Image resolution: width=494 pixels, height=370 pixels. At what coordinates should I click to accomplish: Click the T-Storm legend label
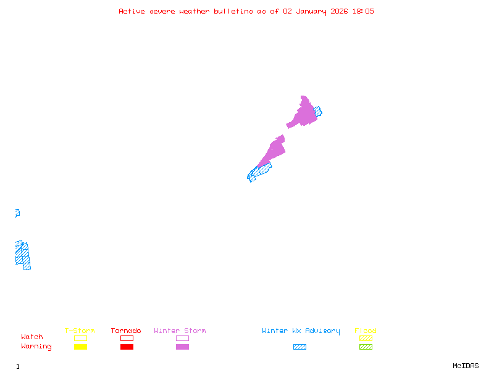[x=80, y=331]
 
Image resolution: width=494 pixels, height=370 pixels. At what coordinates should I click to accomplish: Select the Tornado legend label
[x=126, y=331]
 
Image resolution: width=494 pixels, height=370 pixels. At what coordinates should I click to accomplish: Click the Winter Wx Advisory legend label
[x=301, y=331]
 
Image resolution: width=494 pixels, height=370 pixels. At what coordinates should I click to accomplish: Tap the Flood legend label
[x=366, y=331]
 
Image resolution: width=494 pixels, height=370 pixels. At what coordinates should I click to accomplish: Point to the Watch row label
[x=32, y=337]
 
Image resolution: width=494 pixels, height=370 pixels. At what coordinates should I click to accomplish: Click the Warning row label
[x=36, y=347]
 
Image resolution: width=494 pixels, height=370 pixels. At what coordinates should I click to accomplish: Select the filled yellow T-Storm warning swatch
[x=80, y=347]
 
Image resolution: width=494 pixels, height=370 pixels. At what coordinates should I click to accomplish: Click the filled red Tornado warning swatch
[x=127, y=347]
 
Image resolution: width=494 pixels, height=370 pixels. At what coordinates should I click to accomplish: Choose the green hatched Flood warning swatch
[x=366, y=347]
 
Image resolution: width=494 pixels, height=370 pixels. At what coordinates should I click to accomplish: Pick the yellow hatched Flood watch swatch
[x=366, y=338]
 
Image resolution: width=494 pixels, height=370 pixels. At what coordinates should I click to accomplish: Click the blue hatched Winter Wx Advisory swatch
[x=299, y=347]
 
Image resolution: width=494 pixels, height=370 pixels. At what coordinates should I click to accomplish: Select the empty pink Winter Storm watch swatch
[x=182, y=338]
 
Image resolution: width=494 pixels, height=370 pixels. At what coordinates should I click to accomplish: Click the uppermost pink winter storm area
[x=304, y=113]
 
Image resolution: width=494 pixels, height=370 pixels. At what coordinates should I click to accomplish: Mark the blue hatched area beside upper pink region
[x=318, y=112]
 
